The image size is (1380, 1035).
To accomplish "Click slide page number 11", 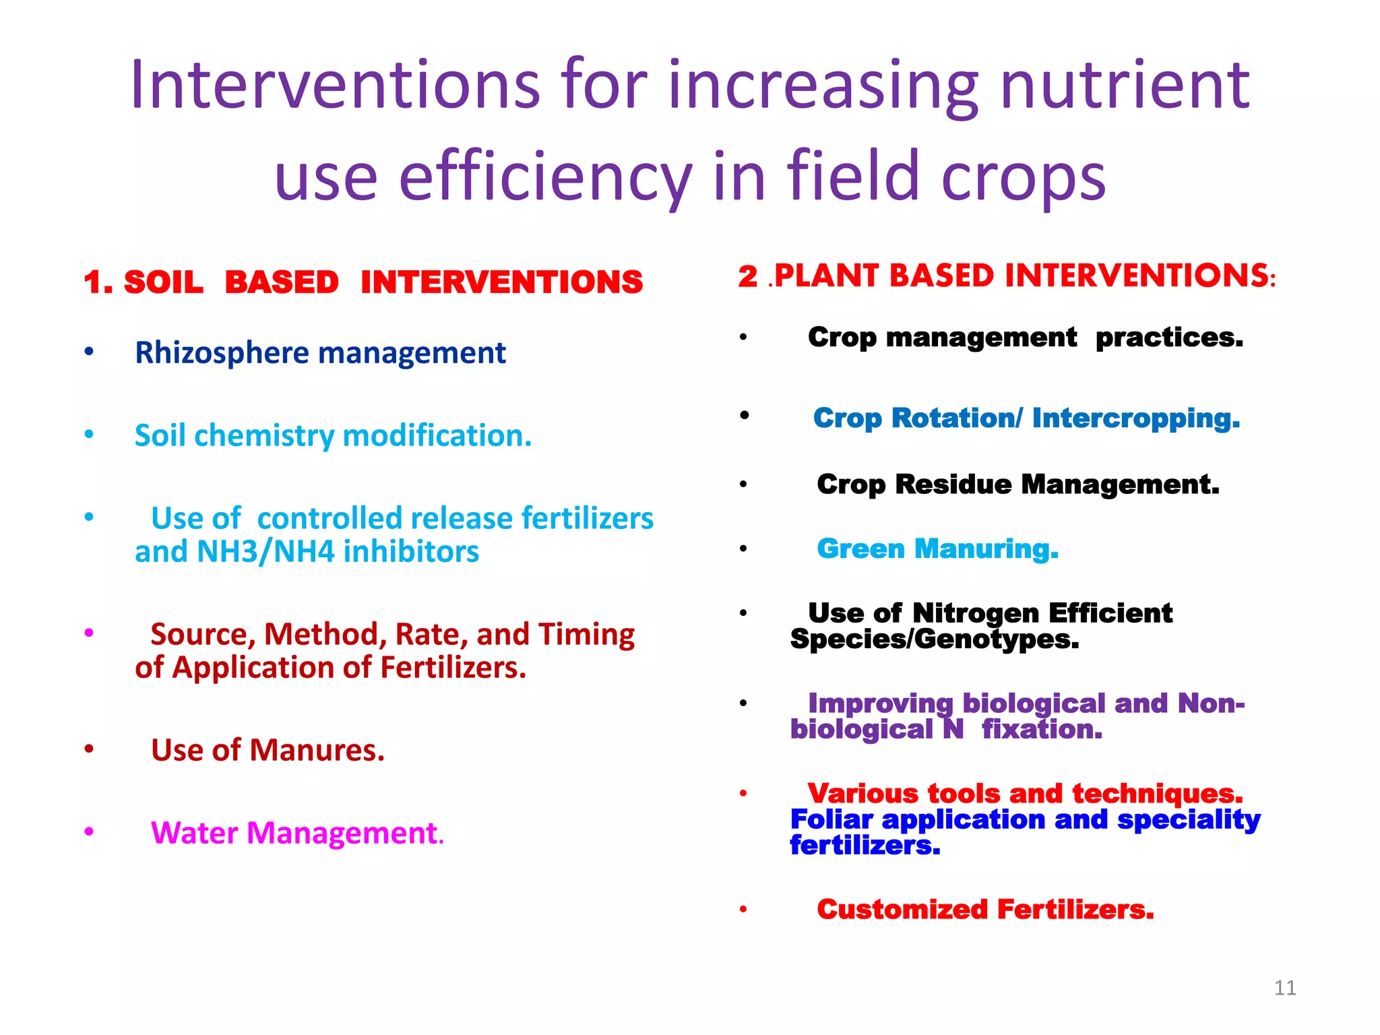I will (1285, 988).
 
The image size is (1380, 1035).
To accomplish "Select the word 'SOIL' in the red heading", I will (164, 282).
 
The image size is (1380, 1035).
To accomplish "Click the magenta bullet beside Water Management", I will (89, 832).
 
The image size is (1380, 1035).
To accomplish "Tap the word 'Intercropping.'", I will (1135, 418).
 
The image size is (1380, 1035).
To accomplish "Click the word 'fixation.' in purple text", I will (1042, 729).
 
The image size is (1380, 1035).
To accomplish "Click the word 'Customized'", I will (902, 910).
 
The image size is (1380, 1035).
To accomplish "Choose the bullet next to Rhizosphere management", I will (89, 351).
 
